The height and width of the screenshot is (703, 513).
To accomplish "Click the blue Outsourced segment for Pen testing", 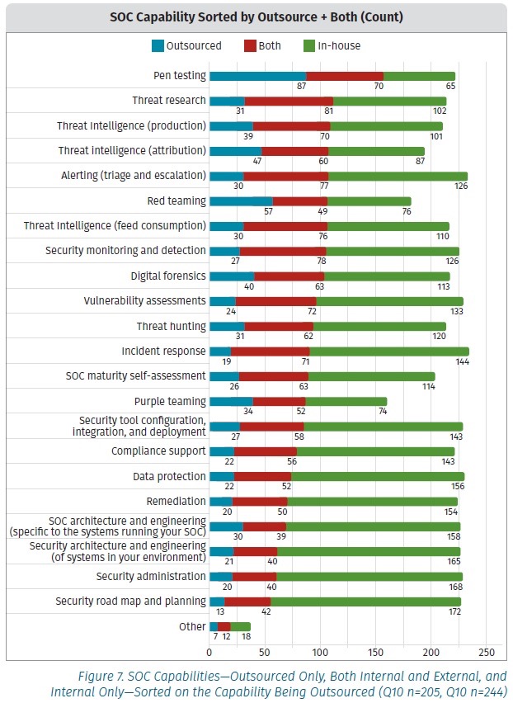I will [x=257, y=76].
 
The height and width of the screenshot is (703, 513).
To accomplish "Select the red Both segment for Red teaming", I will [x=299, y=201].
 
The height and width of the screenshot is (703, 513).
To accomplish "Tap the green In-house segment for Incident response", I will [x=388, y=351].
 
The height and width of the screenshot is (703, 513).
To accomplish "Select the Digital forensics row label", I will [x=168, y=276].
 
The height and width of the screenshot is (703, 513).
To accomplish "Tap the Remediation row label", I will [x=176, y=501].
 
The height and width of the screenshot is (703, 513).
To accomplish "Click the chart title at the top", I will [x=256, y=17].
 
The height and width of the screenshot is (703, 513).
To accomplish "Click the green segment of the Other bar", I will [x=240, y=627].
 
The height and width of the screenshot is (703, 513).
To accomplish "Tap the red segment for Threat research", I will [x=289, y=101].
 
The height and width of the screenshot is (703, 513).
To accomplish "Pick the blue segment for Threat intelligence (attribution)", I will [x=235, y=151].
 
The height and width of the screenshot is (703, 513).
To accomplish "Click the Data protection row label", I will [x=169, y=476].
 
